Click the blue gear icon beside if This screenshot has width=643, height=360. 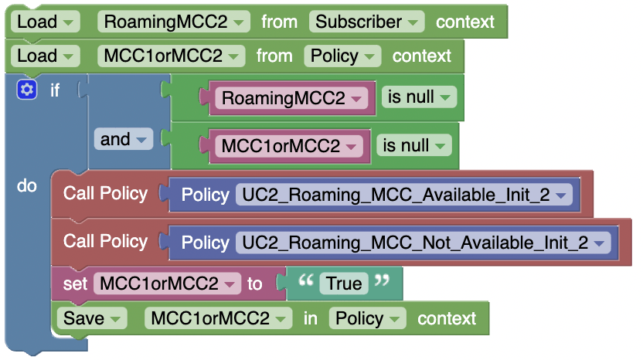pyautogui.click(x=27, y=90)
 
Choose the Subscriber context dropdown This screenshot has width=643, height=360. pyautogui.click(x=367, y=22)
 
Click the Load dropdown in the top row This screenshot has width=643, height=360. pyautogui.click(x=47, y=22)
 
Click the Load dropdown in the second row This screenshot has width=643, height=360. pyautogui.click(x=47, y=56)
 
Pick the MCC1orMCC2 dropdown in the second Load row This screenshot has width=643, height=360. pyautogui.click(x=172, y=56)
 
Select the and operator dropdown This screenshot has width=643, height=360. pyautogui.click(x=124, y=140)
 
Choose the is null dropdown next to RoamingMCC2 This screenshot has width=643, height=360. pyautogui.click(x=419, y=98)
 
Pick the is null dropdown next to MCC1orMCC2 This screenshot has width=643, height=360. pyautogui.click(x=414, y=146)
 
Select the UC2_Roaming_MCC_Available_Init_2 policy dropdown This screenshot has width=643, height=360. pyautogui.click(x=404, y=195)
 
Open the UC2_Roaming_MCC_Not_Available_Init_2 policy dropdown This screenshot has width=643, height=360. pyautogui.click(x=424, y=243)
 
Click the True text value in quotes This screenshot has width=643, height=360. pyautogui.click(x=344, y=284)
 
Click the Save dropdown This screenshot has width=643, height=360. pyautogui.click(x=94, y=318)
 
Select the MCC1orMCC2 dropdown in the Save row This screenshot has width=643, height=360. pyautogui.click(x=219, y=318)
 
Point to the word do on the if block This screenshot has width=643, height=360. pyautogui.click(x=27, y=186)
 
